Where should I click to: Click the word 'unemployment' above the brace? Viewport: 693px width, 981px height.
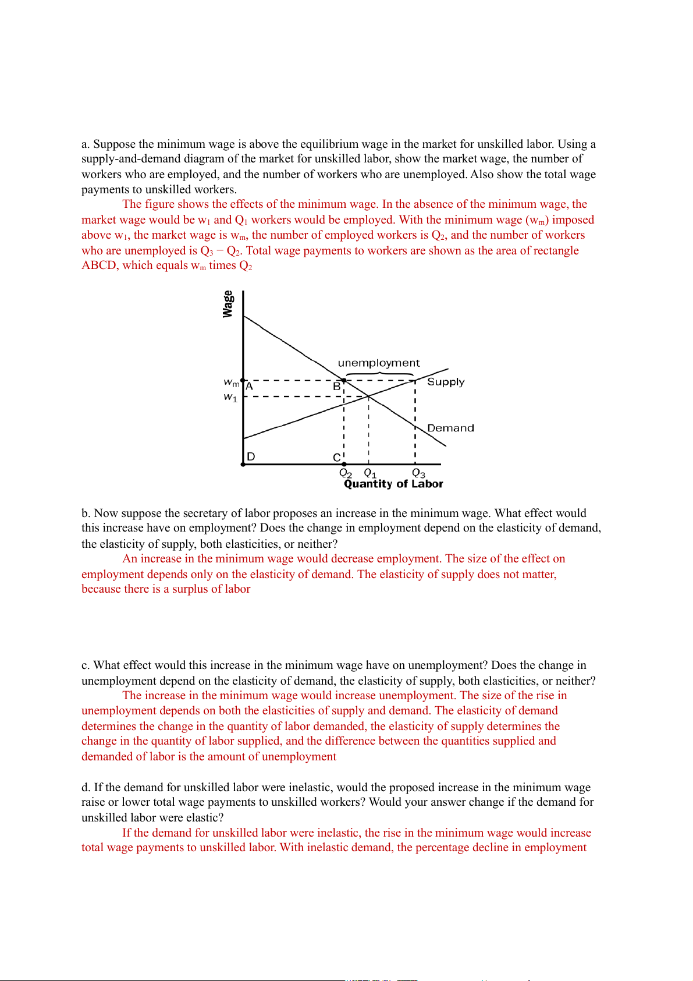[x=378, y=363]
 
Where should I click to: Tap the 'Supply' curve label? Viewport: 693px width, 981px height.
[x=446, y=382]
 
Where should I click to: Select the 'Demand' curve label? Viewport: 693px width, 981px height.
[x=450, y=428]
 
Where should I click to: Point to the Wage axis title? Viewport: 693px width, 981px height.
[x=228, y=304]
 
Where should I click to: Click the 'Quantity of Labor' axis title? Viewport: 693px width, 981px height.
[x=393, y=484]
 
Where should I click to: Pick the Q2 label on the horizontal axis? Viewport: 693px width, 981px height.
[x=346, y=473]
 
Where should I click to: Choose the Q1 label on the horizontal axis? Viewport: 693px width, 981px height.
[x=370, y=473]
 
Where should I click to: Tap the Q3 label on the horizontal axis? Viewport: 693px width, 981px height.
[x=418, y=473]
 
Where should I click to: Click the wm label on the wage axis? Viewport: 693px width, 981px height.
[x=232, y=383]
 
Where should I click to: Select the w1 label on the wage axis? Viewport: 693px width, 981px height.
[x=231, y=397]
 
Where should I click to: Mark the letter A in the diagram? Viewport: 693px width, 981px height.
[x=249, y=386]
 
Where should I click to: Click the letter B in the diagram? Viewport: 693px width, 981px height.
[x=336, y=386]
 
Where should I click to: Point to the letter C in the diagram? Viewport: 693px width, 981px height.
[x=336, y=458]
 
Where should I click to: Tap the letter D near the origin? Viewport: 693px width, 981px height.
[x=251, y=456]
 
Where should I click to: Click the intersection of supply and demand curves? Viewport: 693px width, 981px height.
[x=368, y=396]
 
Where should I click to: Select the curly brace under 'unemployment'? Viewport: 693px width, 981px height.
[x=379, y=374]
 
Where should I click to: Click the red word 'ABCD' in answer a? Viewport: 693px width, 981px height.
[x=99, y=265]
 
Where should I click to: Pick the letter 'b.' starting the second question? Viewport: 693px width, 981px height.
[x=86, y=513]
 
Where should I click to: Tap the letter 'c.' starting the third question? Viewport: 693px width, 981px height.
[x=86, y=665]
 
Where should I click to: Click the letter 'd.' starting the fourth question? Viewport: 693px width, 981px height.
[x=86, y=788]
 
